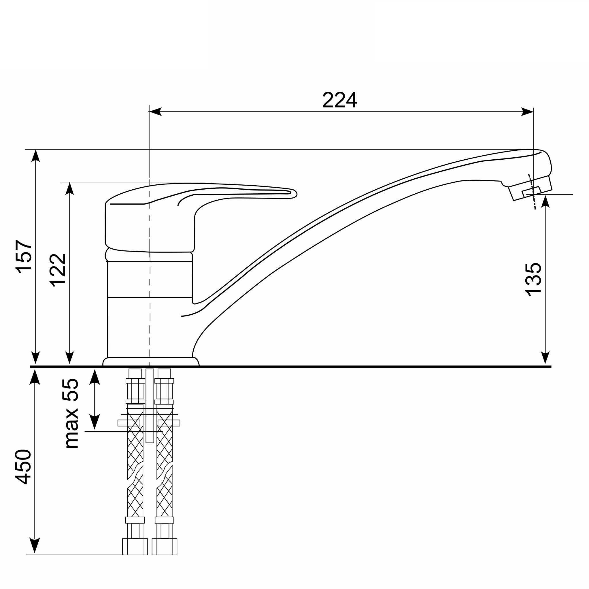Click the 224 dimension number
(339, 100)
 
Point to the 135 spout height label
(533, 279)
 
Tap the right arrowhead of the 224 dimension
(527, 112)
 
